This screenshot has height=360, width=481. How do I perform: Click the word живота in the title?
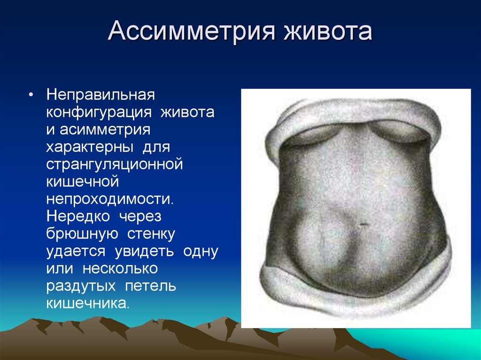(327, 31)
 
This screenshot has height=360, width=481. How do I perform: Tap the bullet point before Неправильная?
(31, 95)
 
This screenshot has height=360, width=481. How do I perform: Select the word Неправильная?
(101, 94)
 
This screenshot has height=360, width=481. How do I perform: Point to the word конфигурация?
(99, 112)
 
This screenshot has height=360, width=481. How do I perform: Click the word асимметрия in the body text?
(105, 130)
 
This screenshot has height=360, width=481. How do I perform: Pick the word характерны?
(90, 147)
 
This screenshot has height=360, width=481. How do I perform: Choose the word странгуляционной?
(115, 164)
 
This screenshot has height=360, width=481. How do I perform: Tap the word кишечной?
(83, 182)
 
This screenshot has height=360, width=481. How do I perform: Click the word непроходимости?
(110, 199)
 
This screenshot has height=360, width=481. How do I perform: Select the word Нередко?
(78, 216)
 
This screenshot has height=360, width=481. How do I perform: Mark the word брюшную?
(82, 234)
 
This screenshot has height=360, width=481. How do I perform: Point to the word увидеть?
(144, 252)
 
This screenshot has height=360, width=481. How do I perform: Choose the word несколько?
(120, 269)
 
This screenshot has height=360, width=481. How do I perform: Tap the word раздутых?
(81, 286)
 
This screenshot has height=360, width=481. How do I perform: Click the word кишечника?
(87, 304)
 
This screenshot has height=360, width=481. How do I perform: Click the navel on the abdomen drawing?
(364, 224)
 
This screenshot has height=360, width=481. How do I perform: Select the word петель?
(150, 286)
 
